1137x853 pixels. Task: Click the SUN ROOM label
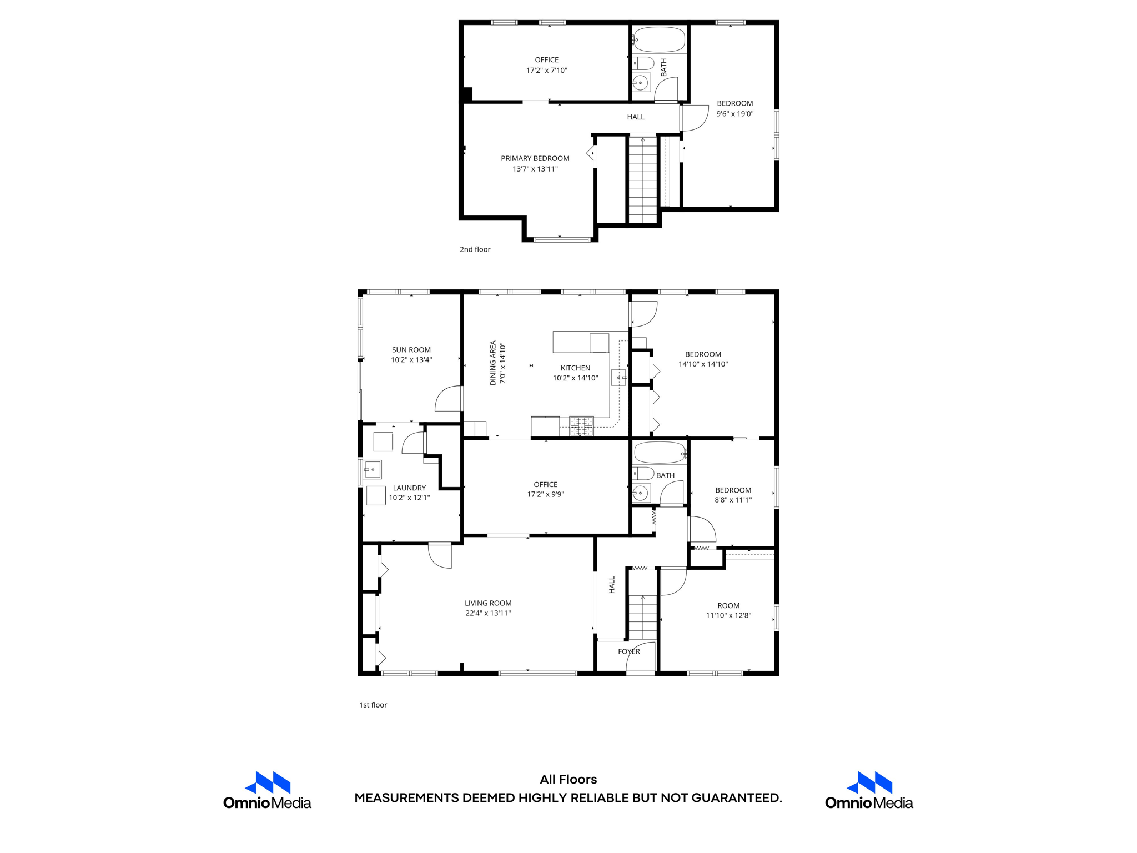411,350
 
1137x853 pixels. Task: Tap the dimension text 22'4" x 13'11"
488,613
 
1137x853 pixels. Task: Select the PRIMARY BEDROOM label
535,158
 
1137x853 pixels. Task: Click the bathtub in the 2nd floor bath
659,39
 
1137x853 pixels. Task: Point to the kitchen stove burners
581,426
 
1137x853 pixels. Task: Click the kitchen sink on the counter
618,377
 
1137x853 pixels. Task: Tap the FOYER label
628,651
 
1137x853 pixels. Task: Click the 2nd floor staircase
642,180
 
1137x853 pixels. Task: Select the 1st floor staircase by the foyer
643,616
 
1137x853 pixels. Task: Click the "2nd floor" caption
475,249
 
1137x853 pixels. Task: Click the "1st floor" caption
373,705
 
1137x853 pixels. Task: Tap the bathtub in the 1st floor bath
659,453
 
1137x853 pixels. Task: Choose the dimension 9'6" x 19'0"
734,114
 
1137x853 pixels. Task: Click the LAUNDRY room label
409,488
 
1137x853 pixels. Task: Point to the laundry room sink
373,470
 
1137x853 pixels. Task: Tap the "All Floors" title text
568,779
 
